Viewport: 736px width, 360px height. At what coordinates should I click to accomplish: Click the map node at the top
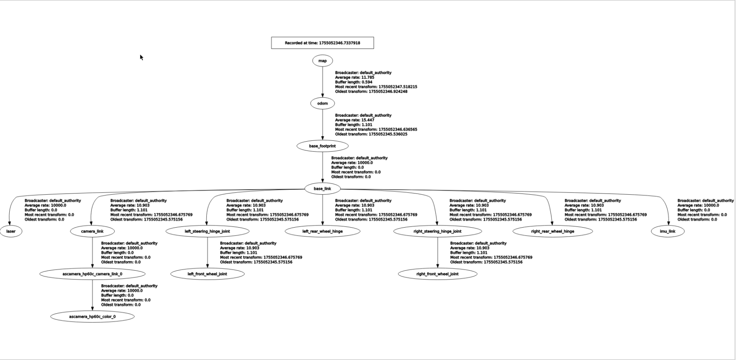[322, 61]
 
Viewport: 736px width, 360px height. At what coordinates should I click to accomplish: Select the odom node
[322, 103]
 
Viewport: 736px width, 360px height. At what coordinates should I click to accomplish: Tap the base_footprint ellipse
[322, 146]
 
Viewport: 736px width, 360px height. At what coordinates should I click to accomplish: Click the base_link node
[322, 188]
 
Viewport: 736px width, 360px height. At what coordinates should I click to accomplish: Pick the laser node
[11, 231]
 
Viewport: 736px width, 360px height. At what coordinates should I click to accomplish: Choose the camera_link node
[92, 231]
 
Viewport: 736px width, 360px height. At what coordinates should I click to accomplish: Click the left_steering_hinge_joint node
[207, 231]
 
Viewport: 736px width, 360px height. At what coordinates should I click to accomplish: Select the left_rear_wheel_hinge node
[322, 231]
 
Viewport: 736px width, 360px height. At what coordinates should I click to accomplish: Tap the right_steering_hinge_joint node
[437, 231]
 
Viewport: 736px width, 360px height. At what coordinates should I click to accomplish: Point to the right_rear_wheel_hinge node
[552, 231]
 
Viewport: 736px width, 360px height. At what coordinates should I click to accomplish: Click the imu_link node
[667, 231]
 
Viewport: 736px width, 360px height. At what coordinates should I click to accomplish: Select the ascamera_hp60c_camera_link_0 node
[92, 274]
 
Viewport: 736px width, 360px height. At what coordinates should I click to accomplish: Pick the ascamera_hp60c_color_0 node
[92, 316]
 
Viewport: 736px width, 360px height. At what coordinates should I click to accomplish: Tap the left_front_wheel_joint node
[207, 274]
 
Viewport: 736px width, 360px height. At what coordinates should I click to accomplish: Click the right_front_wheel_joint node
[437, 274]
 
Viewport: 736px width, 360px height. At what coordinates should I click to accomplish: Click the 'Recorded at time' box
[322, 43]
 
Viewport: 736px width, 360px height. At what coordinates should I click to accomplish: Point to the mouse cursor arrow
[142, 57]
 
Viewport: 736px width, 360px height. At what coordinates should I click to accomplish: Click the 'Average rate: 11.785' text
[354, 78]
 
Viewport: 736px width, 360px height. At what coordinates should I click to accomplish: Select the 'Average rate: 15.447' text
[354, 120]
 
